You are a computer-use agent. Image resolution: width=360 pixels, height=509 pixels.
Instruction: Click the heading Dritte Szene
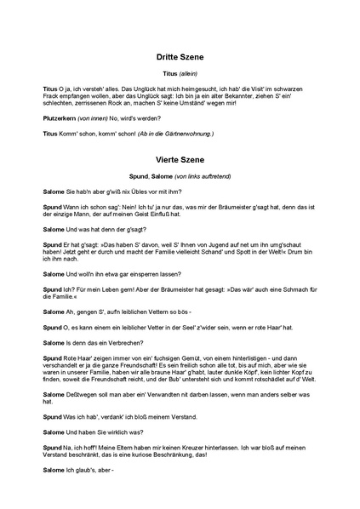point(180,57)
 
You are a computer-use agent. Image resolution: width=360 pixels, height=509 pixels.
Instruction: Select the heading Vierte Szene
point(180,157)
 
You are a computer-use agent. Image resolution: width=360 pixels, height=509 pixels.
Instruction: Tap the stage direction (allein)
point(189,75)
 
